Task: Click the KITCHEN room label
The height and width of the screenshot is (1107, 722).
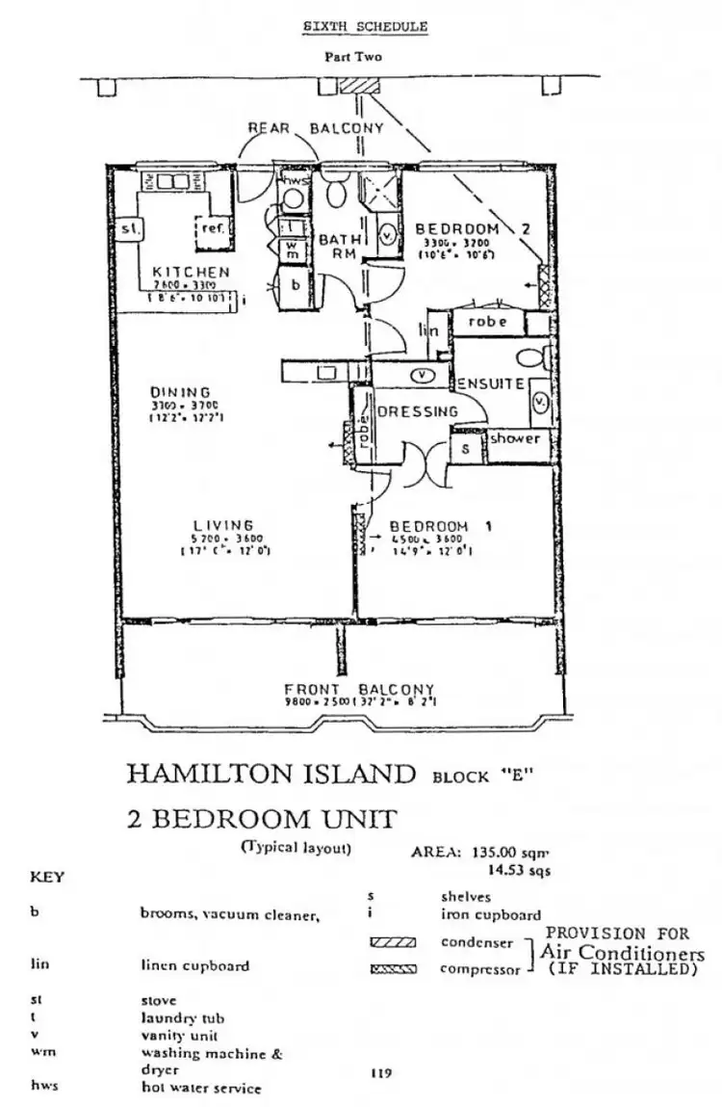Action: point(191,273)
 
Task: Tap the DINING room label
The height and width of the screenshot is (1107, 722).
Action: point(180,391)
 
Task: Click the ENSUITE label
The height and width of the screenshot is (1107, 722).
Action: point(490,383)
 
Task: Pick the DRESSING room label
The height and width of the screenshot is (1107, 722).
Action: point(418,411)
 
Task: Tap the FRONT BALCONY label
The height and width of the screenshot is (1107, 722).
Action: point(359,690)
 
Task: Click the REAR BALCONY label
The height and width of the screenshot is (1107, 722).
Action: point(316,127)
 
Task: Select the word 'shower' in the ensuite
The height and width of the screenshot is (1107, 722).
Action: point(515,438)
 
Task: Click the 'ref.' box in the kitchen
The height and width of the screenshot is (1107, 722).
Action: point(212,227)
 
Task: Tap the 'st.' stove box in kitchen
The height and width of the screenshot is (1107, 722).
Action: point(127,228)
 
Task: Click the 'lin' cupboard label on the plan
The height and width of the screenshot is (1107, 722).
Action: point(429,329)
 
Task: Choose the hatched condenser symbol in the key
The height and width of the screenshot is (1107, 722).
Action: point(392,942)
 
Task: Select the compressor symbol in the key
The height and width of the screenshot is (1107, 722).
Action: point(392,969)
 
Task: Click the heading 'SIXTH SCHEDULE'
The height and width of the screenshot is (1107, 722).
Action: point(365,27)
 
